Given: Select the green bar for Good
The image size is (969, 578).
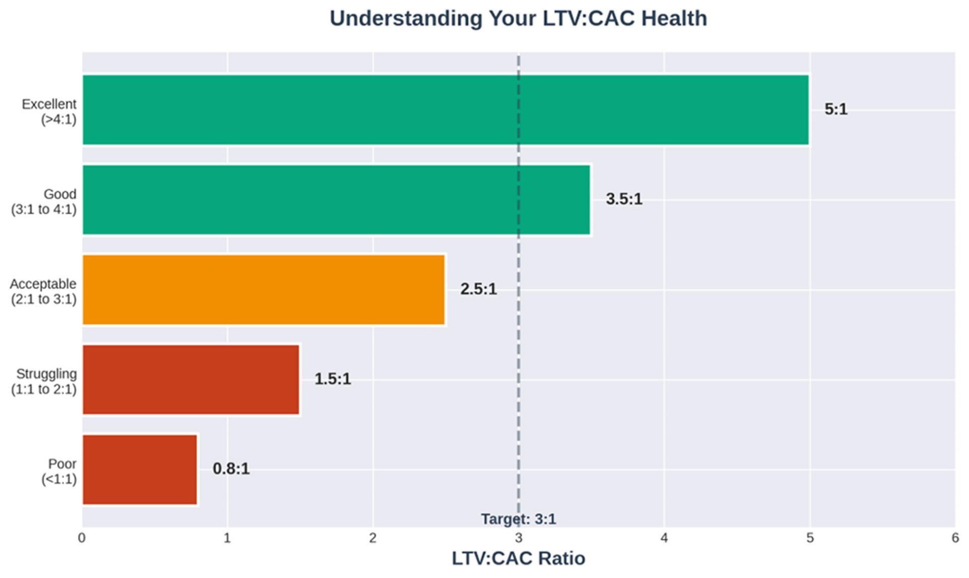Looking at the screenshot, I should pos(336,200).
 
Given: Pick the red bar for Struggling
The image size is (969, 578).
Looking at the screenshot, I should pos(191,379).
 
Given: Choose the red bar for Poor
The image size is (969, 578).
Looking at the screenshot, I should pos(140,469).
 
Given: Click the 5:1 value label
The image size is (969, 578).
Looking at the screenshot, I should pos(836,109).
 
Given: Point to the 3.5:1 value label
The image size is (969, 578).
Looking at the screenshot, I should pos(624,199).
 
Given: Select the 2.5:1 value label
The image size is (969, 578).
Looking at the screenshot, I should pos(478,289).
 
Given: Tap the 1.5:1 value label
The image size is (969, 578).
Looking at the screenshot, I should pos(333,379).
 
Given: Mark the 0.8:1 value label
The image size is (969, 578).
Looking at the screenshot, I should pos(231,469).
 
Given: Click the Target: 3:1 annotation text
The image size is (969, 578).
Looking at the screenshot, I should pos(518,519).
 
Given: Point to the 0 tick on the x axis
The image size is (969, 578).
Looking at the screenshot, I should pos(82,538).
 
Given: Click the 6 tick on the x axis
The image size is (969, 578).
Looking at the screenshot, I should pos(955,538).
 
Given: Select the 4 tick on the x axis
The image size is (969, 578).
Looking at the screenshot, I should pos(664,538).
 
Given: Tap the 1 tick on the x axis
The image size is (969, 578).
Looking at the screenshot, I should pos(227,538).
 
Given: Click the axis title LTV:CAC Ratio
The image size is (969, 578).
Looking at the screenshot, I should pos(518,559).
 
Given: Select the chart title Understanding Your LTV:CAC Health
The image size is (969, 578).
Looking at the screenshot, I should pos(518,19).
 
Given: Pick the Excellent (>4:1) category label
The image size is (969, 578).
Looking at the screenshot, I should pos(49,112).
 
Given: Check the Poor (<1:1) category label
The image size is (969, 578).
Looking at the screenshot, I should pos(60,471).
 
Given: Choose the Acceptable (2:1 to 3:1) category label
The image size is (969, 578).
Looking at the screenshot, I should pos(43,292).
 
